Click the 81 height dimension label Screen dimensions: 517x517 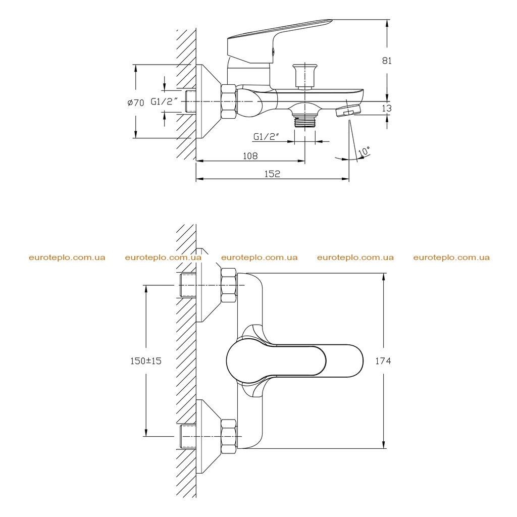point(387,61)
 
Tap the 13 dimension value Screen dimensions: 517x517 point(387,108)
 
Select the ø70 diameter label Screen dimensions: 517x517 point(136,103)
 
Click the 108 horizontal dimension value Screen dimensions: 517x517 point(250,156)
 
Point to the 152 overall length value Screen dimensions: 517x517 point(272,174)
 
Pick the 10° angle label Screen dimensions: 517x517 point(364,151)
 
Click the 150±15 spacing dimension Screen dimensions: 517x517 point(146,361)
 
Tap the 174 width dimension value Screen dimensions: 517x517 point(383,361)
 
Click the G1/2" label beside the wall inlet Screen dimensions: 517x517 point(165,101)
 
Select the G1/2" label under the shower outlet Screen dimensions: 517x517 point(267,136)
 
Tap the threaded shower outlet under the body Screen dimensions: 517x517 point(305,121)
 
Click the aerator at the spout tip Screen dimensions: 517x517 point(348,110)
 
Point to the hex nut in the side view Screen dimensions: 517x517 point(229,101)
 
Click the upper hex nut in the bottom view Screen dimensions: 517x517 point(229,285)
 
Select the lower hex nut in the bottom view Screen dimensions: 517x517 point(229,437)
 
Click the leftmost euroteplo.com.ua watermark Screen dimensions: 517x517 point(67,257)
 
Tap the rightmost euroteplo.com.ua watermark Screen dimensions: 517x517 point(451,257)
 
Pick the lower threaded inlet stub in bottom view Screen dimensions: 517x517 point(188,437)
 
